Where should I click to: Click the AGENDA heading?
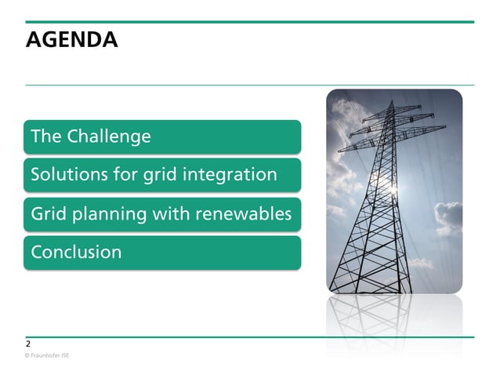click(71, 40)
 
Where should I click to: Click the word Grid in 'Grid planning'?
click(46, 213)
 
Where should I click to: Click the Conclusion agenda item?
click(76, 252)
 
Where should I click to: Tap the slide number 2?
click(28, 344)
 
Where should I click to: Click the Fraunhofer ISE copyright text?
click(47, 356)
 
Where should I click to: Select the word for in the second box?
click(126, 174)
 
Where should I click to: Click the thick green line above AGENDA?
click(249, 22)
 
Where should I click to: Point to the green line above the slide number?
click(249, 337)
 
